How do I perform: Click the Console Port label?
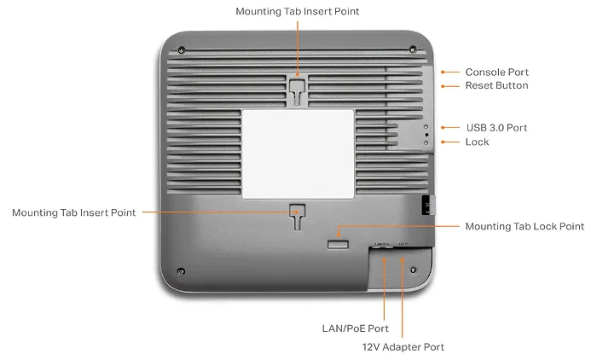coord(497,72)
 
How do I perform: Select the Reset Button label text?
coord(497,85)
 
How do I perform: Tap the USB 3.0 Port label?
coord(497,128)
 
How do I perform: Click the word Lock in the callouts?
coord(477,142)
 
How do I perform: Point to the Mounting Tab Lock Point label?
coord(525,226)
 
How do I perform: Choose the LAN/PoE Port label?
coord(356,328)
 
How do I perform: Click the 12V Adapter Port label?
coord(403,347)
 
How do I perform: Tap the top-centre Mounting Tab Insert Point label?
coord(298,11)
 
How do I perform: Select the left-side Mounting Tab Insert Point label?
coord(74,212)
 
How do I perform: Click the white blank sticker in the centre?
coord(298,154)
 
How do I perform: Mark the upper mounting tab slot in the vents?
coord(298,91)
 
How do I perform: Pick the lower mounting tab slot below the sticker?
coord(298,217)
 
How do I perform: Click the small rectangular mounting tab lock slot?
coord(338,244)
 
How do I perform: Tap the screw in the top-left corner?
coord(182,49)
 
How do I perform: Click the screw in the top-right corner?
coord(413,49)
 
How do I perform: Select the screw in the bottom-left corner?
coord(181,271)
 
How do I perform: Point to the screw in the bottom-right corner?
coord(414,270)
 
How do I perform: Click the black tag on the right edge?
coord(428,205)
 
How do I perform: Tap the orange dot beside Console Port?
coord(443,72)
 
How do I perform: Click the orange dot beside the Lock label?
coord(443,142)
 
